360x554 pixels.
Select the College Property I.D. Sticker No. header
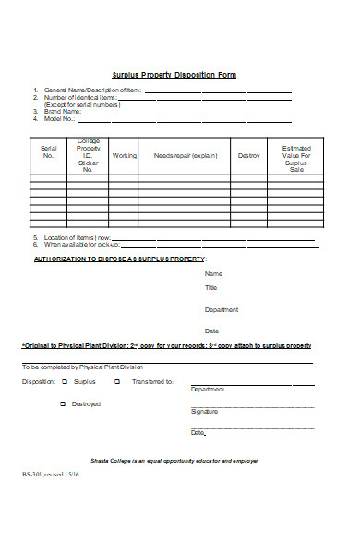click(89, 155)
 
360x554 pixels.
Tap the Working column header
click(124, 155)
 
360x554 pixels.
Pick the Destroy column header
click(249, 155)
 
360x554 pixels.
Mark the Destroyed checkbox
click(63, 403)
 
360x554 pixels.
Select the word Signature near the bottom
click(204, 411)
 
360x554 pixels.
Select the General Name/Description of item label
click(89, 90)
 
